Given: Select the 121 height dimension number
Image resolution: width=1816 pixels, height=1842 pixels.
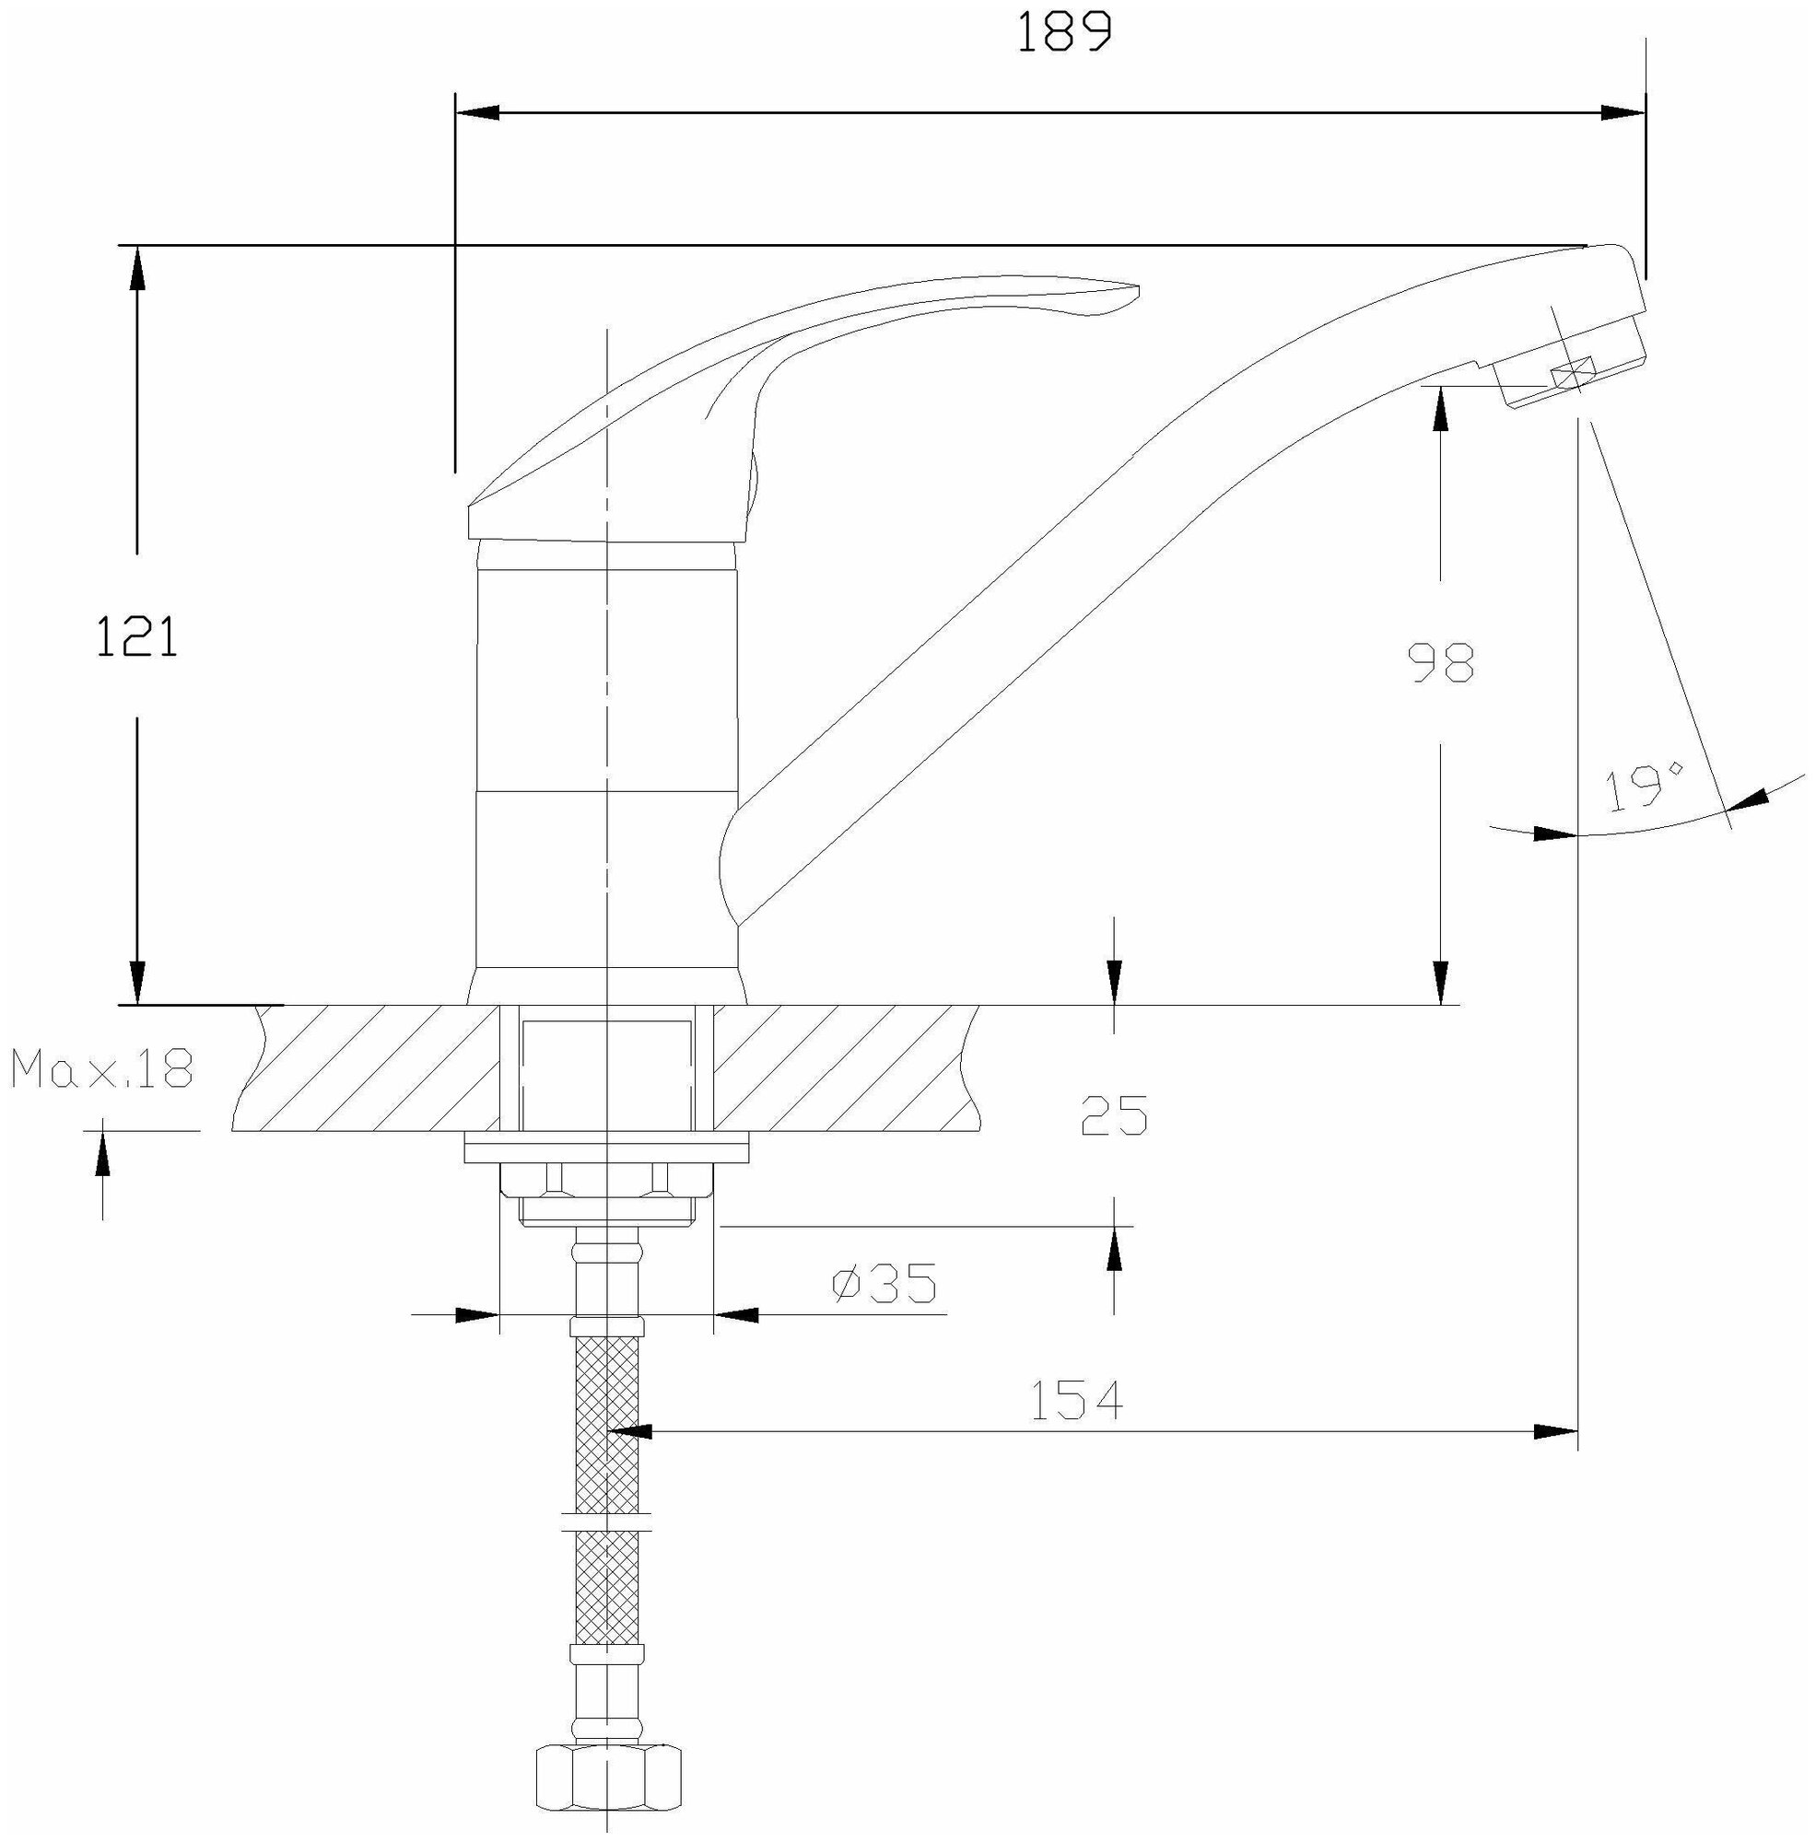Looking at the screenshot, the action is point(137,637).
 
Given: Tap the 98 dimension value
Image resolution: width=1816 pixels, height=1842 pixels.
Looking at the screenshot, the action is point(1441,662).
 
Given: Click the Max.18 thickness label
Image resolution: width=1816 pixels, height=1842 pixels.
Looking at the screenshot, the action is point(102,1068).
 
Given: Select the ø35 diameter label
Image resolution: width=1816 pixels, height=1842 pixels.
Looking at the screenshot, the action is point(885,1283).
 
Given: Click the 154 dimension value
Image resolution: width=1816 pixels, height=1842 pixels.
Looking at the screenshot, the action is point(1077,1400).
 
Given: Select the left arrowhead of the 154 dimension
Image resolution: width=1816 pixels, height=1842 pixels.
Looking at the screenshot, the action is point(629,1431).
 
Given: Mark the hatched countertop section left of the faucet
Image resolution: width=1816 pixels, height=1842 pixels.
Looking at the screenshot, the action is point(372,1067).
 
